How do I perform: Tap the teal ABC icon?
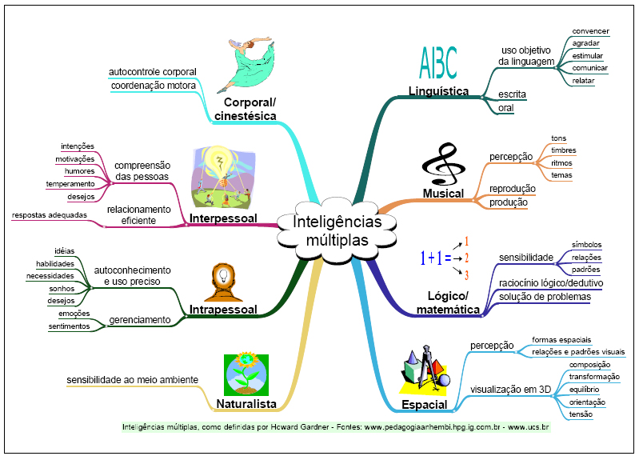[x=438, y=62]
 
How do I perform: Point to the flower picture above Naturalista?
[x=246, y=374]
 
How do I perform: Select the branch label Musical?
[x=444, y=193]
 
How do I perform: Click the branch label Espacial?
[x=424, y=404]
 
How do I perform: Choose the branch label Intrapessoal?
[x=223, y=309]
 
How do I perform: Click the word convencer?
[x=590, y=31]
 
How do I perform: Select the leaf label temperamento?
[x=70, y=184]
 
